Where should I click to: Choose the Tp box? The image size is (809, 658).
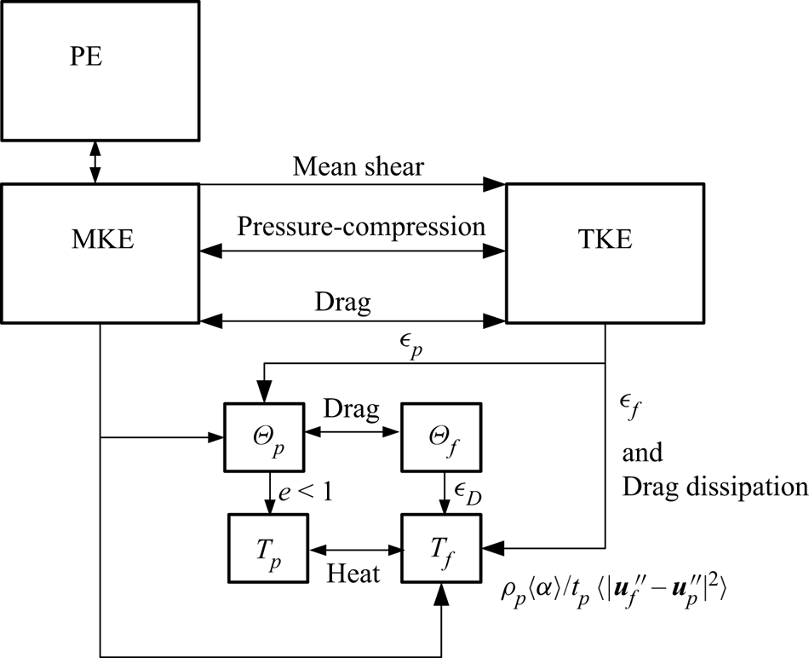[268, 543]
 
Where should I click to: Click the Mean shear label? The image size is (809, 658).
[357, 167]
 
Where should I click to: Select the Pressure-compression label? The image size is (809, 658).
[361, 227]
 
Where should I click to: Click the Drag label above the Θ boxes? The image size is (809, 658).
[351, 410]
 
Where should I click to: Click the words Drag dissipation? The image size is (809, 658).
[714, 486]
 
